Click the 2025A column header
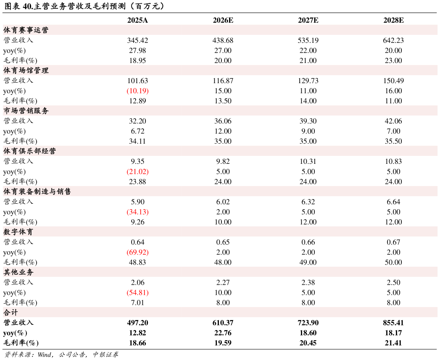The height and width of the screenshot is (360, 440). [x=137, y=20]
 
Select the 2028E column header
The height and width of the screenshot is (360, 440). [x=393, y=20]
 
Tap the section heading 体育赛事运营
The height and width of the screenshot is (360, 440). [x=26, y=30]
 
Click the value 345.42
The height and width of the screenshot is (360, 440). [x=137, y=40]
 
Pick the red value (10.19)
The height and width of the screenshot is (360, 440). [x=137, y=91]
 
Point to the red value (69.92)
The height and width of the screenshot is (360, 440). [x=137, y=252]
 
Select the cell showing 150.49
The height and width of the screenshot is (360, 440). [x=393, y=81]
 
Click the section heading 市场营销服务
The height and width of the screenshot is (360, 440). [x=26, y=111]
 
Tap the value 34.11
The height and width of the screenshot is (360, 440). [x=137, y=141]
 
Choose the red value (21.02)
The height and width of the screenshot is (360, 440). [x=137, y=171]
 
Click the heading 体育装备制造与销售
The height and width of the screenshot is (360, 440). [x=37, y=192]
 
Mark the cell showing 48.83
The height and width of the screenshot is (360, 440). [x=137, y=263]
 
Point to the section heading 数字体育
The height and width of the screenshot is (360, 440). [x=18, y=232]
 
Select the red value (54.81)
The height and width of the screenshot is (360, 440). [x=137, y=293]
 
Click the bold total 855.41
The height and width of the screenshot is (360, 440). [x=393, y=323]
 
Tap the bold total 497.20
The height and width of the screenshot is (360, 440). [x=137, y=323]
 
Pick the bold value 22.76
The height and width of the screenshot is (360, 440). [x=223, y=333]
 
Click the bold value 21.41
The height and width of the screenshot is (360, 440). [x=393, y=343]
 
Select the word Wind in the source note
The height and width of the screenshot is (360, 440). [x=45, y=355]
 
